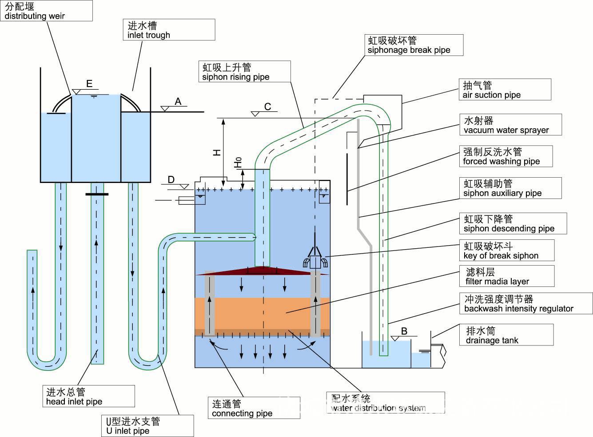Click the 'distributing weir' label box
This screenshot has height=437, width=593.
(46, 11)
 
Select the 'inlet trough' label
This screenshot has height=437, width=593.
(169, 30)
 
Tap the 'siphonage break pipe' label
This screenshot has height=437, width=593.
(414, 45)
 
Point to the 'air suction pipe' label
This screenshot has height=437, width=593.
(505, 89)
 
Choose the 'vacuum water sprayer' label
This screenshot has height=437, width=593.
(510, 125)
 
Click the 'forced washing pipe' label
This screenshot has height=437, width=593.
(505, 156)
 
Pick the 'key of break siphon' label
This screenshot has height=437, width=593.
(506, 250)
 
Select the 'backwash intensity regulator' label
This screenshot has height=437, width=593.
(525, 304)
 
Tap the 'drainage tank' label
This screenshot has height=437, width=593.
(506, 335)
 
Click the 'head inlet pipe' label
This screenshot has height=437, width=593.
(88, 396)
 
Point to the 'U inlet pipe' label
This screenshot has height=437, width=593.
(147, 426)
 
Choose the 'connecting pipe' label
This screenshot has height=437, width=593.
(254, 408)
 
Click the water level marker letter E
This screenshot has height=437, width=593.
(89, 83)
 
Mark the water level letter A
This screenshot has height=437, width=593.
(178, 101)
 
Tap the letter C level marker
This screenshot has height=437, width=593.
(267, 107)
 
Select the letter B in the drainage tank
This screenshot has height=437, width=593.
(404, 331)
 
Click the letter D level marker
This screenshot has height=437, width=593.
(171, 179)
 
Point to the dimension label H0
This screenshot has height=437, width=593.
(239, 162)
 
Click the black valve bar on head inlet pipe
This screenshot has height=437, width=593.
(97, 194)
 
